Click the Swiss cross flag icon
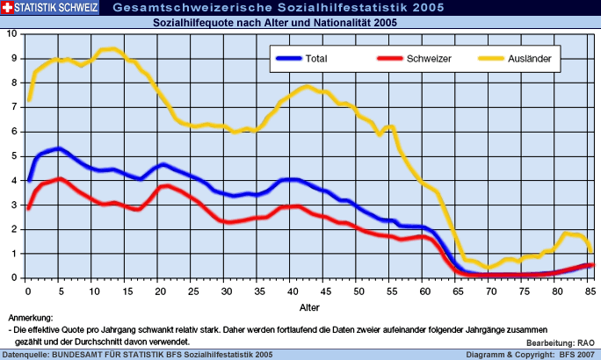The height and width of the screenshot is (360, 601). [x=8, y=8]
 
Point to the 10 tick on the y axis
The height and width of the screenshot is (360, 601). [x=11, y=34]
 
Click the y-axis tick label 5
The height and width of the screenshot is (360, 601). [x=13, y=156]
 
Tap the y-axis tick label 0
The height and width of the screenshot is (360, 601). [x=13, y=278]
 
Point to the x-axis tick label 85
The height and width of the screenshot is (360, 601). [x=590, y=291]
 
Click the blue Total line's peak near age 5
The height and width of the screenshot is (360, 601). [x=59, y=148]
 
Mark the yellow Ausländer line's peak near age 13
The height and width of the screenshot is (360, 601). [x=112, y=48]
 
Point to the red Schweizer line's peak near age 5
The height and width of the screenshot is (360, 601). [x=59, y=178]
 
